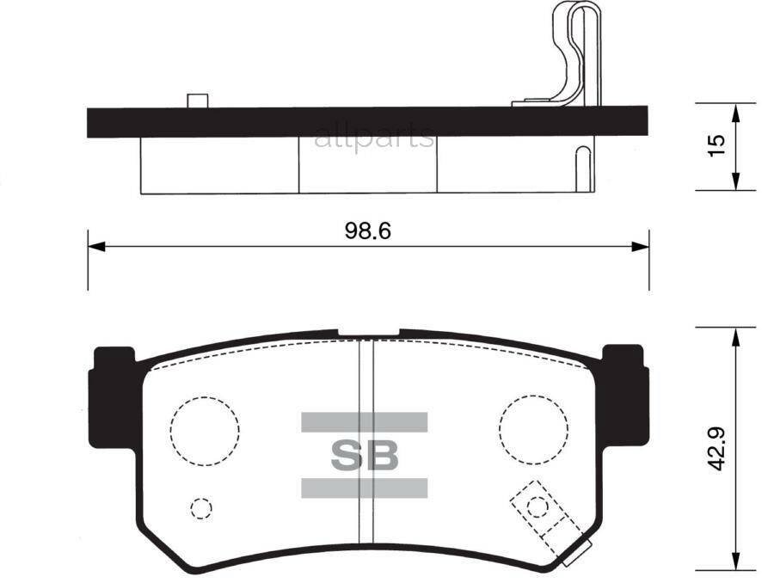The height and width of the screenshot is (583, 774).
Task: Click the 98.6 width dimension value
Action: coord(368,230)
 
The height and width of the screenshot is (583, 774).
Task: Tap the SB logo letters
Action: coord(365,456)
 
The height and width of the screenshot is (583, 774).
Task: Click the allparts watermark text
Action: coord(374,137)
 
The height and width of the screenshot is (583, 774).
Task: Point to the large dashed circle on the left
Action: coord(204,431)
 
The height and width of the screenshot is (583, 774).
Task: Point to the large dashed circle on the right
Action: coord(533,430)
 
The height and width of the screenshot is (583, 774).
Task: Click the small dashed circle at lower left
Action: coord(201,508)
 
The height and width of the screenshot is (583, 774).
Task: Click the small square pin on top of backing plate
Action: coord(199,101)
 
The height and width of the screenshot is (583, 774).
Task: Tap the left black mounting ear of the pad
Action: coord(110,396)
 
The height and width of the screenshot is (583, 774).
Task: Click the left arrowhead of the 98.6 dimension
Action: coord(95,247)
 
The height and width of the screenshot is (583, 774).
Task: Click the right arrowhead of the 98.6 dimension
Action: coord(641,247)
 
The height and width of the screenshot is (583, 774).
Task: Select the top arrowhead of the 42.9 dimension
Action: coord(735,335)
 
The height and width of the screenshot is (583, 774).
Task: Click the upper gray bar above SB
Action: coord(364,421)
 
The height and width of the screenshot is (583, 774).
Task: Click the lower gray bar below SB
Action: coord(364,488)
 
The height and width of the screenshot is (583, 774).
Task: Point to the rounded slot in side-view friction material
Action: coord(582,169)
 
